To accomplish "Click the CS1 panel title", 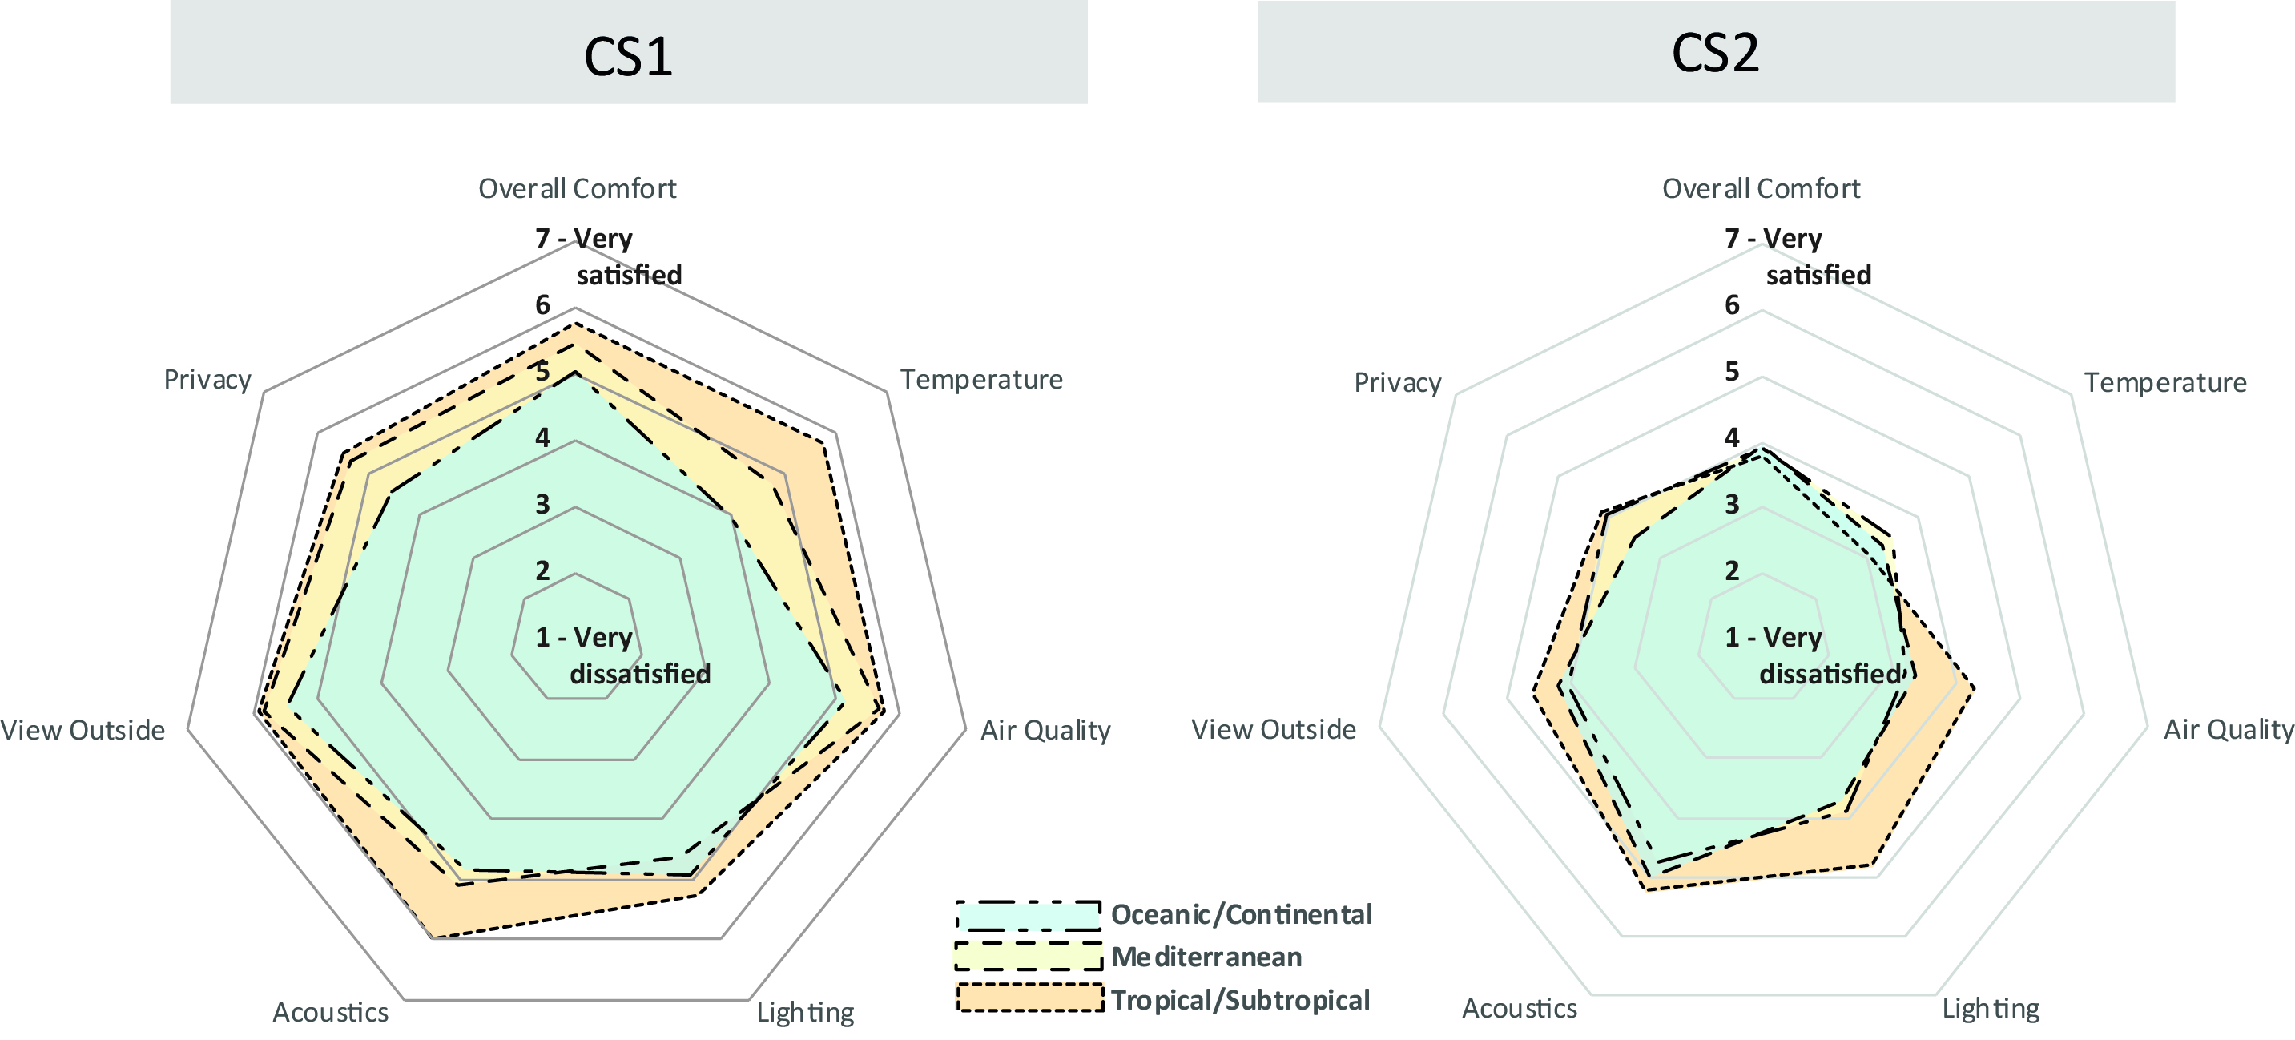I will (628, 56).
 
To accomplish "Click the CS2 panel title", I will (1715, 53).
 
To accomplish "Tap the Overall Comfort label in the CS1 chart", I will (578, 189).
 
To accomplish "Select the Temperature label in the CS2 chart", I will (2165, 382).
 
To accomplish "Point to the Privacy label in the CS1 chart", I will (207, 380).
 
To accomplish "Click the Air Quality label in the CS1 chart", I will (1045, 731).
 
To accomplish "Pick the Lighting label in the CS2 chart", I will (1991, 1009).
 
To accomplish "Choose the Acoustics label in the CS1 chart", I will (331, 1013).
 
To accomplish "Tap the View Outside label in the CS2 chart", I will (1273, 730).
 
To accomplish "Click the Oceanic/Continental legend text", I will (1241, 914).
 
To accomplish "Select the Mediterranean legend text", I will (1206, 957).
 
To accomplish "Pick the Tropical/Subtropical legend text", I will (1240, 1000).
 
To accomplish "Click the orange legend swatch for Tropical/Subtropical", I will (1029, 998).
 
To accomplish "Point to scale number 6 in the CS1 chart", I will (542, 306).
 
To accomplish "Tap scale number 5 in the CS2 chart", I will (1732, 372).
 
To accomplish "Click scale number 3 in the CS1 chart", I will (542, 505).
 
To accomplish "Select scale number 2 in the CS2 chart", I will (1732, 570).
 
